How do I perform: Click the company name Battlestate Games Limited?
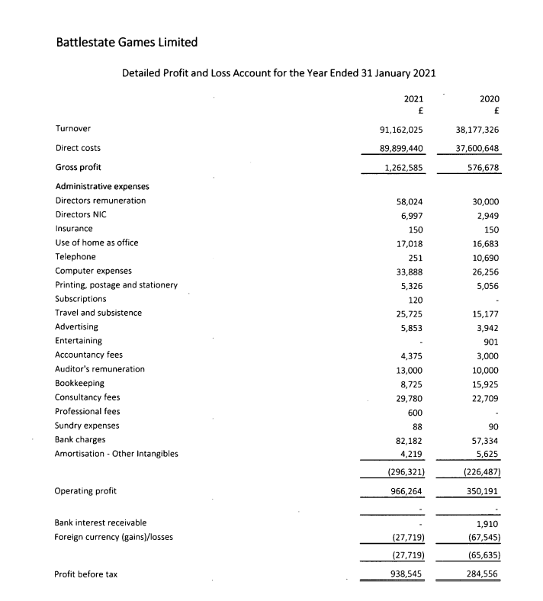pyautogui.click(x=127, y=42)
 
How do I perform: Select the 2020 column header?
pyautogui.click(x=489, y=98)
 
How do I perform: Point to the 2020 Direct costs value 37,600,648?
pyautogui.click(x=477, y=148)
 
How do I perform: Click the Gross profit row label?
pyautogui.click(x=78, y=167)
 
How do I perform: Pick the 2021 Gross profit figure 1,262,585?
pyautogui.click(x=405, y=167)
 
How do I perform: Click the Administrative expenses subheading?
pyautogui.click(x=102, y=186)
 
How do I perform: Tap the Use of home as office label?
pyautogui.click(x=97, y=243)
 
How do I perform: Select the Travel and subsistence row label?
pyautogui.click(x=98, y=313)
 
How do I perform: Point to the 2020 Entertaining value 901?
pyautogui.click(x=492, y=341)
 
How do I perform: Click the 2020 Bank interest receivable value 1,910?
pyautogui.click(x=489, y=522)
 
